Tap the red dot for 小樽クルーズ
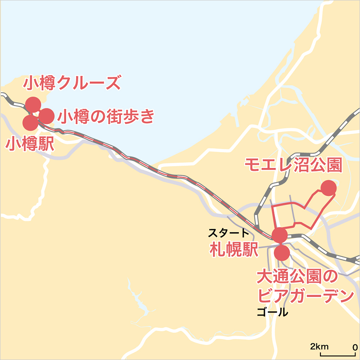(x=33, y=104)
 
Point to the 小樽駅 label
(x=29, y=144)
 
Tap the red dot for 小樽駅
(x=30, y=122)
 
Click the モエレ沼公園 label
(x=292, y=165)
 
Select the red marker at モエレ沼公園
(x=328, y=188)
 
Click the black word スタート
(x=228, y=233)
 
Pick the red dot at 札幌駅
(x=279, y=235)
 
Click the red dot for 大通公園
(x=282, y=252)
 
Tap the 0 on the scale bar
(x=355, y=347)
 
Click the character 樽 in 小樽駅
(x=29, y=144)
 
